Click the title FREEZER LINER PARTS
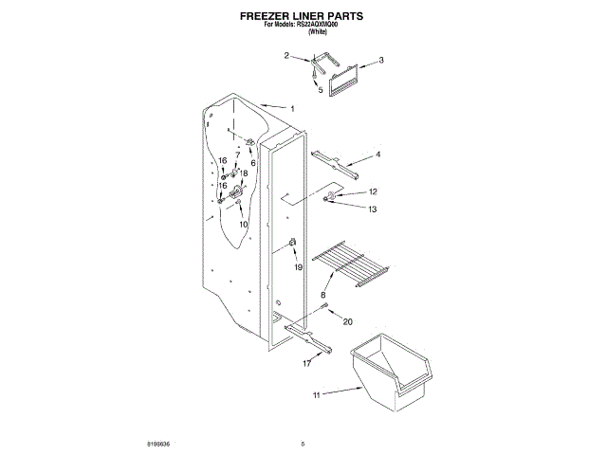pos(303,16)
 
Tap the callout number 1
pos(292,109)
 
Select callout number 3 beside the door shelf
pos(381,60)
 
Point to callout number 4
pos(377,154)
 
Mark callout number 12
pos(373,191)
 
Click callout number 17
pos(307,363)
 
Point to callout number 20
pos(347,320)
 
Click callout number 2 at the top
pos(286,57)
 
